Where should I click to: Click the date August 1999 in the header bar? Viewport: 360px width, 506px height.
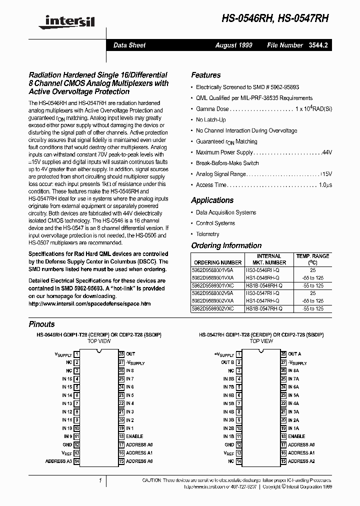point(233,45)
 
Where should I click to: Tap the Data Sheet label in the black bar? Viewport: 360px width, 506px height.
point(129,45)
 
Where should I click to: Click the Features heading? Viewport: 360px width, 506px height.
point(205,75)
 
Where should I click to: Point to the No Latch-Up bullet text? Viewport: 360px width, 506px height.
point(210,120)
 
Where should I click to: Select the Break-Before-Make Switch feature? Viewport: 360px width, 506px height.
point(227,163)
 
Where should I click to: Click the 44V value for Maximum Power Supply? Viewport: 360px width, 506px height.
point(327,152)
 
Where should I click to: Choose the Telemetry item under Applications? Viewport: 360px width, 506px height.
point(207,234)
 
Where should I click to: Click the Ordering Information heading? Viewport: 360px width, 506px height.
point(226,245)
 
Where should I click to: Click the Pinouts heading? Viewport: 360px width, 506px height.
point(41,324)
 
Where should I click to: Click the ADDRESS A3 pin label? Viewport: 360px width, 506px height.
point(58,461)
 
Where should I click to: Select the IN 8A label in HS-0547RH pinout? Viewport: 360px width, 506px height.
point(293,370)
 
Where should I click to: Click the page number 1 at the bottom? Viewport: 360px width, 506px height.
point(100,481)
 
